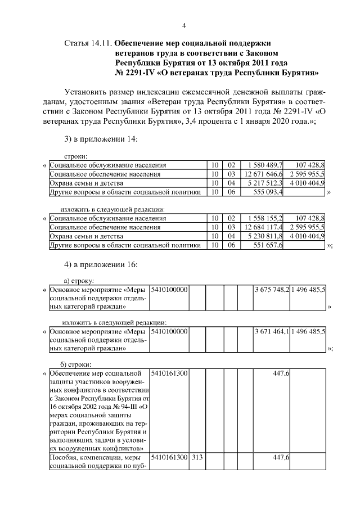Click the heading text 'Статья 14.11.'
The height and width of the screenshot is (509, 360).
(x=88, y=43)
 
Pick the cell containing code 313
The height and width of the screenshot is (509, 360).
(x=196, y=458)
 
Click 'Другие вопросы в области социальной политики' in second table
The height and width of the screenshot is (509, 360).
(x=125, y=245)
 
